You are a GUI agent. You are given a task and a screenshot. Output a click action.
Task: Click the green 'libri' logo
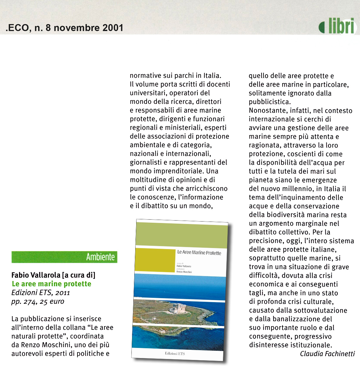click(337, 26)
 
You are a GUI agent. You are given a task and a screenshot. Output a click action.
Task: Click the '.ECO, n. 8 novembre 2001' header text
click(64, 28)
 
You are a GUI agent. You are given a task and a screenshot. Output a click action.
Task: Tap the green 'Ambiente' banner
click(64, 257)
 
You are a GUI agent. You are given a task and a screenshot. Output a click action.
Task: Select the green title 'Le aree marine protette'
click(51, 284)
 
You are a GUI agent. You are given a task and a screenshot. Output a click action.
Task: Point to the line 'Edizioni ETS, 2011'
click(41, 293)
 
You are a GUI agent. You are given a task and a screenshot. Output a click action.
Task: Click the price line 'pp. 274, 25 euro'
click(38, 301)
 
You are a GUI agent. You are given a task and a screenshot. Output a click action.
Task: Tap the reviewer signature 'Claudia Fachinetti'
click(327, 354)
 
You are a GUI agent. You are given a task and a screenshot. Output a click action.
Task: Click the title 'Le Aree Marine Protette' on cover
click(199, 253)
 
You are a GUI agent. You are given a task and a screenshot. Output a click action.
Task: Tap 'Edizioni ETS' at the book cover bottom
click(175, 353)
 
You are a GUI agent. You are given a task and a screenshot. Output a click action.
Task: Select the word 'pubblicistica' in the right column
click(269, 102)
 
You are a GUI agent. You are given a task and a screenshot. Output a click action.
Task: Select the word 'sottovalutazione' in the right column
click(321, 310)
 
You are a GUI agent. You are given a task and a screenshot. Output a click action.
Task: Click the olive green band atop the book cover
click(182, 235)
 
